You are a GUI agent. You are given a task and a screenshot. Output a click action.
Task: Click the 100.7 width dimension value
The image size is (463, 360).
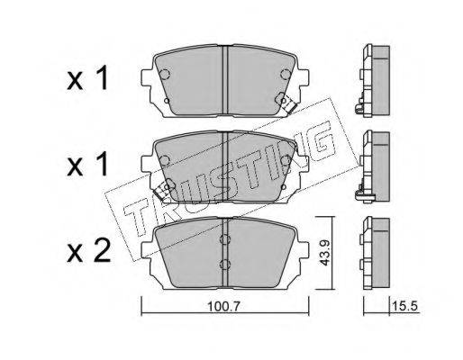[223, 306]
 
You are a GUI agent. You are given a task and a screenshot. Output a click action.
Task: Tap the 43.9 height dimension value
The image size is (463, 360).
[324, 252]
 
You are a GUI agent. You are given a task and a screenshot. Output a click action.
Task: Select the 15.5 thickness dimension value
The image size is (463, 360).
[404, 306]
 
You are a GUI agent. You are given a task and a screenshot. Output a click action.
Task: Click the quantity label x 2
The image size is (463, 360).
[88, 252]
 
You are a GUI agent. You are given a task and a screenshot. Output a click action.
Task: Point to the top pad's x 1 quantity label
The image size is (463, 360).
[87, 78]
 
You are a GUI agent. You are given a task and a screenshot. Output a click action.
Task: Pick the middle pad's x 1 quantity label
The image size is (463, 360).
[87, 164]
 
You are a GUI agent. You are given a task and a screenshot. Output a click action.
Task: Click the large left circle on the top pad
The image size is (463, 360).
[164, 74]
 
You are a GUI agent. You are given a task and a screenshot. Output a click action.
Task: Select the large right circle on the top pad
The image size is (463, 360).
[286, 74]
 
